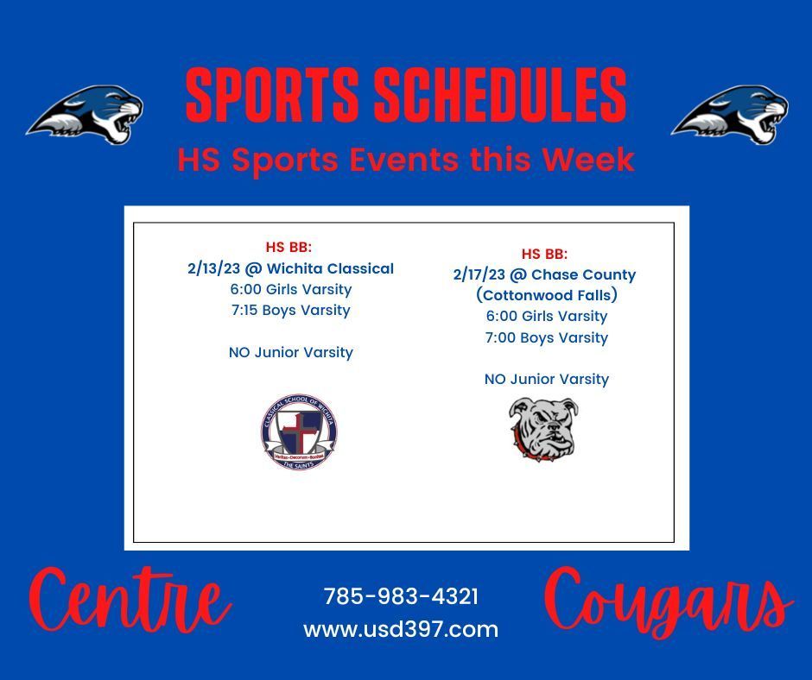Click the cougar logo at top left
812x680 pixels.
86,115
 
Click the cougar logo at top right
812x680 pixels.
730,115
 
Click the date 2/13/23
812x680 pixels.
214,268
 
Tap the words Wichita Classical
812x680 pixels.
330,268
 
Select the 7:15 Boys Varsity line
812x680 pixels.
291,310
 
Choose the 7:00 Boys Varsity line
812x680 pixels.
546,337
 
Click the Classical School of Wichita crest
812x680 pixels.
299,431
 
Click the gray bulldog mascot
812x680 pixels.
543,429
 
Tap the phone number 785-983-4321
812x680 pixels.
402,596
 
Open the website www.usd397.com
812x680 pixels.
401,629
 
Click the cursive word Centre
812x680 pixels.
130,601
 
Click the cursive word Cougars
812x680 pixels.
669,603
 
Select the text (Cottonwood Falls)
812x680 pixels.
547,295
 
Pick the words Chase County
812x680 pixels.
584,274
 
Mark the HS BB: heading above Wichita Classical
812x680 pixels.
289,247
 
